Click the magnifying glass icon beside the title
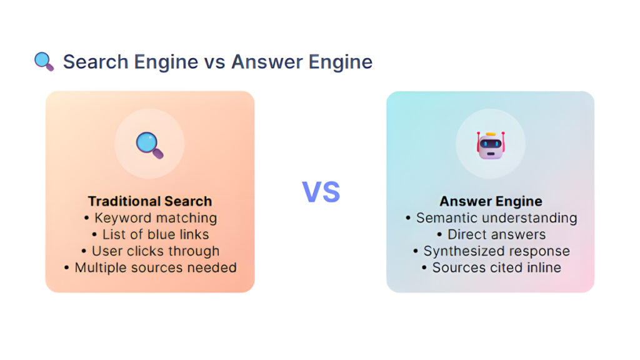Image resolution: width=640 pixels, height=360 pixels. (44, 62)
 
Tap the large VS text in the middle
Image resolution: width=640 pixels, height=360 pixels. (321, 192)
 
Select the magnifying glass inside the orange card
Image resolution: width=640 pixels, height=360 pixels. (149, 144)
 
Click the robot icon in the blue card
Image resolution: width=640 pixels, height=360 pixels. (490, 144)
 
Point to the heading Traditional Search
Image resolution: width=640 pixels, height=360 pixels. (150, 201)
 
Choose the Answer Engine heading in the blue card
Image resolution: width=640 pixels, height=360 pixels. (491, 201)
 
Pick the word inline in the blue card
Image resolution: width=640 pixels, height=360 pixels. (542, 267)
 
